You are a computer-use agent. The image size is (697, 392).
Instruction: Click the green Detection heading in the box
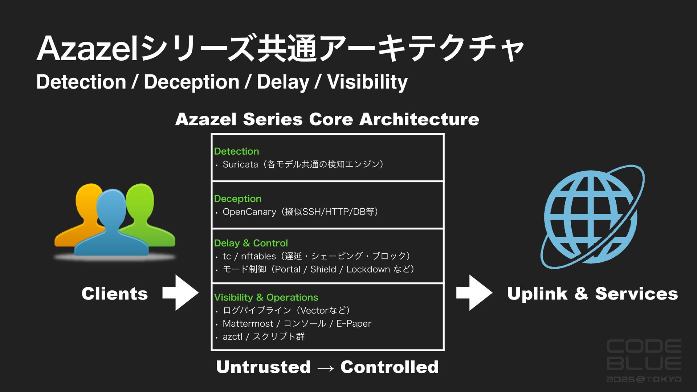click(x=236, y=151)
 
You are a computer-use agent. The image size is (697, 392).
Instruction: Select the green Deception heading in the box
click(x=237, y=199)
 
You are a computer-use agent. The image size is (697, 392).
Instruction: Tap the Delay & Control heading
click(x=251, y=243)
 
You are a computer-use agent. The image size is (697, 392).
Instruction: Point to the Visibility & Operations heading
click(x=266, y=298)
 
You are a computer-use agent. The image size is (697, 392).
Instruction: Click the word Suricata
click(x=240, y=164)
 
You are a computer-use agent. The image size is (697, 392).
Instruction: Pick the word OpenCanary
click(x=249, y=212)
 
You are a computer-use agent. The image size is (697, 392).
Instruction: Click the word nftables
click(x=258, y=256)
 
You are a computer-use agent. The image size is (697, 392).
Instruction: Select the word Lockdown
click(x=368, y=269)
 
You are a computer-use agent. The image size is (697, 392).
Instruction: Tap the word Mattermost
click(x=248, y=324)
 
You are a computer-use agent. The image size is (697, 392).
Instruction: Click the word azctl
click(x=232, y=337)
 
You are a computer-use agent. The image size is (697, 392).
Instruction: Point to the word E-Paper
click(x=354, y=324)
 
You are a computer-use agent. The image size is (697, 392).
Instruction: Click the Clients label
click(x=115, y=294)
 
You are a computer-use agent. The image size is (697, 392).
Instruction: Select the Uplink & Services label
click(x=592, y=294)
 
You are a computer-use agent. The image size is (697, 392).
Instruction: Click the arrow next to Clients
click(x=180, y=293)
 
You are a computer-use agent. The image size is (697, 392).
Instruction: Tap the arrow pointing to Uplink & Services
click(x=474, y=293)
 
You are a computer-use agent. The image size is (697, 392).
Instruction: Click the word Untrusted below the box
click(x=263, y=367)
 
